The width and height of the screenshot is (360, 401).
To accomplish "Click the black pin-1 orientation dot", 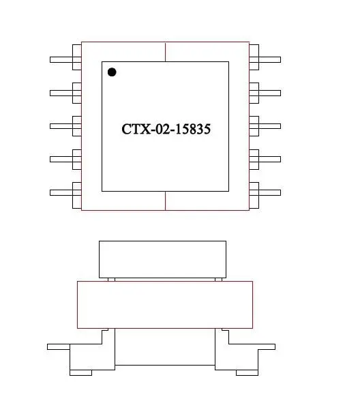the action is (x=112, y=72).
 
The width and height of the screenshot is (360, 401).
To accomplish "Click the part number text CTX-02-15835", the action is (x=166, y=129).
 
